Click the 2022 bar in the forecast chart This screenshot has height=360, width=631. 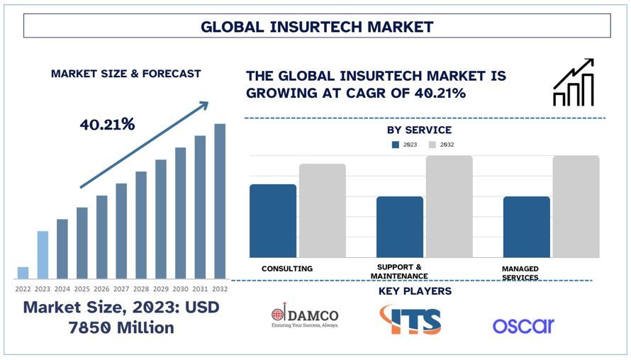(x=23, y=273)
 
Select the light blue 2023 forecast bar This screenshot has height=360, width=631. (x=43, y=255)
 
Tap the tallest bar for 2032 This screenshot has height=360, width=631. (x=220, y=201)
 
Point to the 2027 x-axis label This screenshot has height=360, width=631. (x=121, y=289)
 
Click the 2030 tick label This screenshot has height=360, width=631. (x=180, y=289)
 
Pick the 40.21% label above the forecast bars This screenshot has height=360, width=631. (x=107, y=125)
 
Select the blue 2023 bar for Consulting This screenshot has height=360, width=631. (x=273, y=221)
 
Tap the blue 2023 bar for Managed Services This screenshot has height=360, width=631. (x=526, y=227)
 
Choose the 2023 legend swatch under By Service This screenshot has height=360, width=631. (x=396, y=145)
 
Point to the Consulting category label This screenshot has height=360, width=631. (x=287, y=269)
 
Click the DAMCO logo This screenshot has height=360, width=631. (x=305, y=317)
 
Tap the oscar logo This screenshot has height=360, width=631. (x=523, y=325)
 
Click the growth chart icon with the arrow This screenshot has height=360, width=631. (x=573, y=83)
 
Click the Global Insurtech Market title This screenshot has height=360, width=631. (x=317, y=27)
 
